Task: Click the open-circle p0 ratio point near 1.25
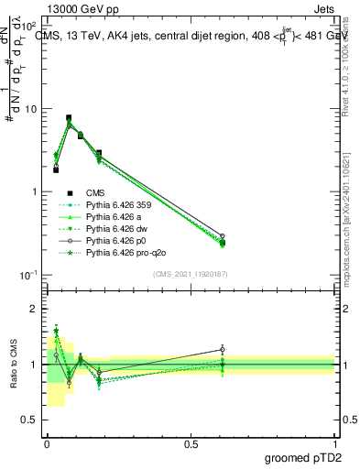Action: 223,349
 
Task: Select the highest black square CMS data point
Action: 69,118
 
